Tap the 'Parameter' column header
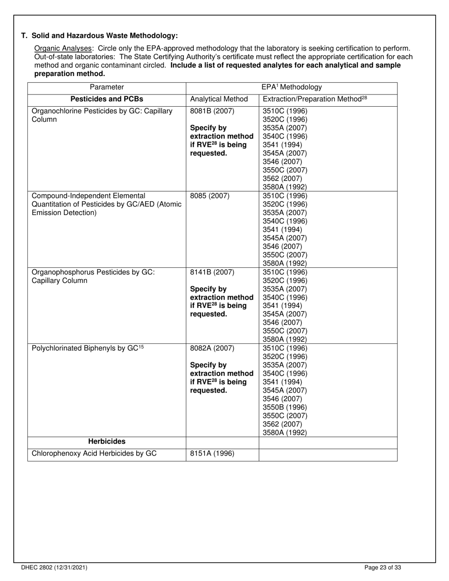coord(107,87)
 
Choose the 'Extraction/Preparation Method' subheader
coord(315,99)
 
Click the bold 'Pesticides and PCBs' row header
coord(107,99)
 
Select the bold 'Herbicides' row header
coord(107,442)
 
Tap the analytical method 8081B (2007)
coord(212,111)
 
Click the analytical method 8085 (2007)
coord(209,196)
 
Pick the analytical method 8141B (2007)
coord(212,272)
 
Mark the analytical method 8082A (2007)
coord(212,349)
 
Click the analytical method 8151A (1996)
coord(212,454)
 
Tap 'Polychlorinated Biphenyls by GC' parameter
coord(87,349)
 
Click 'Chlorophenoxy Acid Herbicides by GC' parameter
coord(94,454)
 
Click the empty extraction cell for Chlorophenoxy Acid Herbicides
coord(328,454)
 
